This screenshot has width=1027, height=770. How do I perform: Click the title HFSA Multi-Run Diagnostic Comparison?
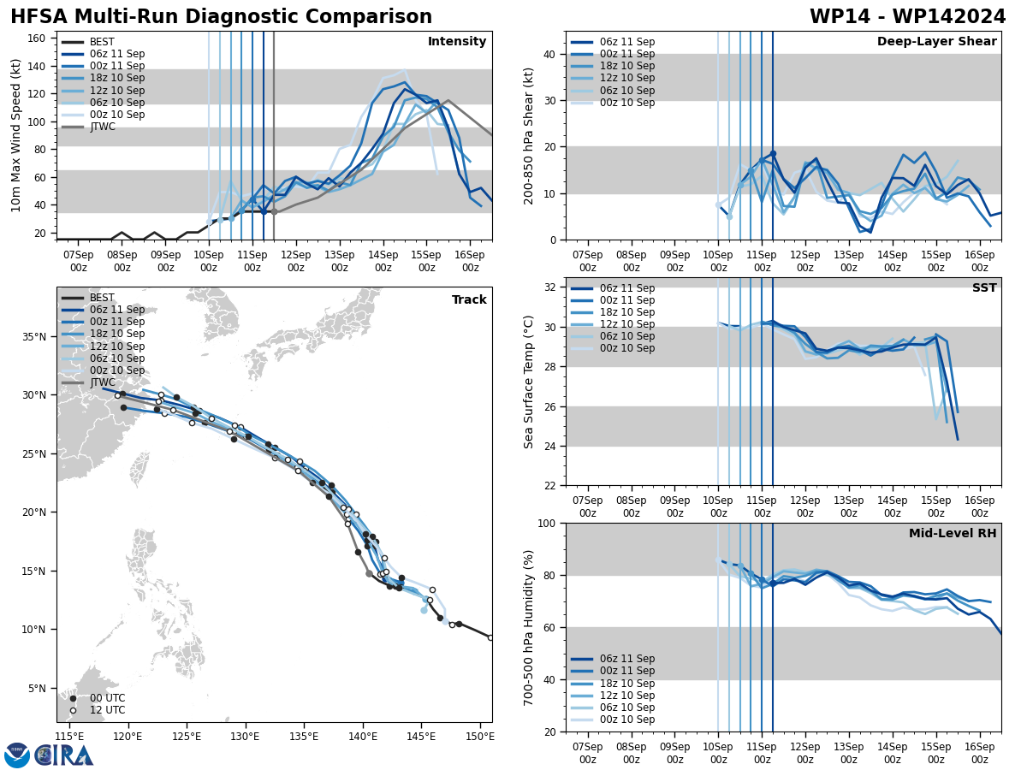pyautogui.click(x=221, y=17)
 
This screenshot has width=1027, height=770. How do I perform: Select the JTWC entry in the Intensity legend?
pyautogui.click(x=102, y=127)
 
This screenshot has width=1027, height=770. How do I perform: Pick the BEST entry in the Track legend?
pyautogui.click(x=102, y=298)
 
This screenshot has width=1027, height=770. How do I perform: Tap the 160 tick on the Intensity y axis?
pyautogui.click(x=39, y=38)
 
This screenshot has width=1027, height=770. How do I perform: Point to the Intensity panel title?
pyautogui.click(x=457, y=42)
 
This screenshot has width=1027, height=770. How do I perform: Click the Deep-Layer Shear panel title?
pyautogui.click(x=936, y=42)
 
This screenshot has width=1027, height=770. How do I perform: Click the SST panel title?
pyautogui.click(x=984, y=288)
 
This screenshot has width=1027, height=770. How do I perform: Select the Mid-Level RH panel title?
pyautogui.click(x=953, y=534)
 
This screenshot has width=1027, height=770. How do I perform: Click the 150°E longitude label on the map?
pyautogui.click(x=480, y=736)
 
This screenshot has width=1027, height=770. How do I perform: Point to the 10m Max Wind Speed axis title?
pyautogui.click(x=16, y=135)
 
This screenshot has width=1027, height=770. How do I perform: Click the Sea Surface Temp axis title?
pyautogui.click(x=529, y=382)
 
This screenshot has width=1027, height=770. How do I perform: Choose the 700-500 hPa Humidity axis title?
pyautogui.click(x=529, y=627)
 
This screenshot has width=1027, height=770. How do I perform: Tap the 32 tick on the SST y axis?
pyautogui.click(x=550, y=287)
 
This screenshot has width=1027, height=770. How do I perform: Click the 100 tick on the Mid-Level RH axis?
pyautogui.click(x=547, y=524)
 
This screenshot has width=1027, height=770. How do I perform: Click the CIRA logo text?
pyautogui.click(x=65, y=755)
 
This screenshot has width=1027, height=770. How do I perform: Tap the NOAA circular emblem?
pyautogui.click(x=17, y=755)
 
